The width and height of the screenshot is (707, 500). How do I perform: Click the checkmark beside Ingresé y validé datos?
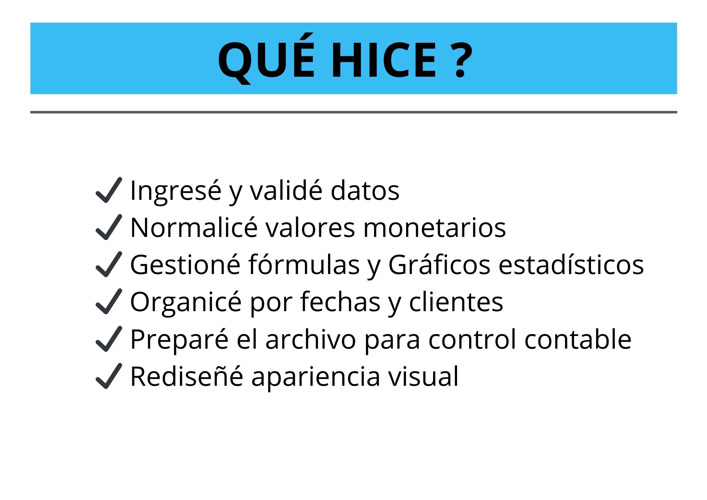click(x=109, y=190)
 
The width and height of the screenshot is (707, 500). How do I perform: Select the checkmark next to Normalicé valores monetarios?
click(x=109, y=227)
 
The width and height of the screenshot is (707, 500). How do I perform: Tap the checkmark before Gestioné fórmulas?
click(x=109, y=264)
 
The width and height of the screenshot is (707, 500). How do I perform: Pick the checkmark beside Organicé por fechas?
click(x=109, y=302)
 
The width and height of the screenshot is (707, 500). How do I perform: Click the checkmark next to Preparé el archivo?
click(x=109, y=339)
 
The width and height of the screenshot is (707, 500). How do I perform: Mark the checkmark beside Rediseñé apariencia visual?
click(x=109, y=376)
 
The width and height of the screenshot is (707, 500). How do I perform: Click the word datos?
click(x=365, y=191)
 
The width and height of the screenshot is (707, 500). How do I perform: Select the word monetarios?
click(x=434, y=228)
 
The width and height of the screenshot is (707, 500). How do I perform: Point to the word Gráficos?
click(x=439, y=265)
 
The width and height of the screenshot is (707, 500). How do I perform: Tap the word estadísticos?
click(x=571, y=265)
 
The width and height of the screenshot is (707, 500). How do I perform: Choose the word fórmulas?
click(x=304, y=265)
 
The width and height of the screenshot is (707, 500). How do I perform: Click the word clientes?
click(x=456, y=302)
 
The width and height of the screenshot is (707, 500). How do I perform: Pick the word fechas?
click(x=340, y=302)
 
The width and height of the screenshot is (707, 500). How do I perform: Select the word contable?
click(x=578, y=339)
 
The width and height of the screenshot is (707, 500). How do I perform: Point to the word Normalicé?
click(x=194, y=228)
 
